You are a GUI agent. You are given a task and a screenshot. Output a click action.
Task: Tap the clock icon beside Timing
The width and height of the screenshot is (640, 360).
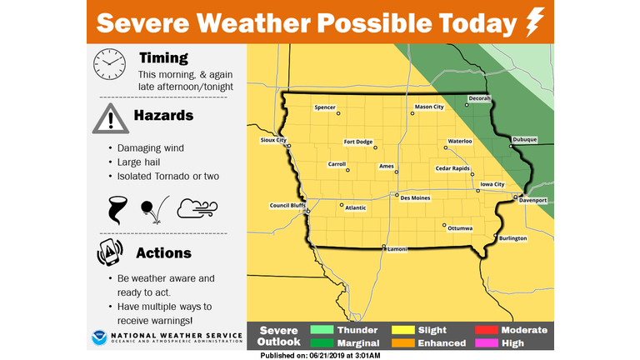pyautogui.click(x=107, y=65)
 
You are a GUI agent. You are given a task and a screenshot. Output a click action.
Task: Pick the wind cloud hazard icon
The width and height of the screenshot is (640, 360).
pyautogui.click(x=197, y=208)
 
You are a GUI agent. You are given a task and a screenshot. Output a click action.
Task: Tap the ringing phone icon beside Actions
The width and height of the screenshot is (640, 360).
pyautogui.click(x=109, y=252)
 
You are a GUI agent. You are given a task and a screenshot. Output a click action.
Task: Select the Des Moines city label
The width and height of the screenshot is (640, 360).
pyautogui.click(x=415, y=198)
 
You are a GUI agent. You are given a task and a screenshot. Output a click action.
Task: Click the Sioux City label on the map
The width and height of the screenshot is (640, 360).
pyautogui.click(x=273, y=140)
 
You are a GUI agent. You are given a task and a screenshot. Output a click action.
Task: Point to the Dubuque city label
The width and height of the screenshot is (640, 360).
pyautogui.click(x=525, y=139)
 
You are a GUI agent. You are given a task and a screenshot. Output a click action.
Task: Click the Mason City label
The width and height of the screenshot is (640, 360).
pyautogui.click(x=429, y=107)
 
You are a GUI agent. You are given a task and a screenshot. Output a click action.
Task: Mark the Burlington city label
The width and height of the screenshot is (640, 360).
pyautogui.click(x=512, y=238)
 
